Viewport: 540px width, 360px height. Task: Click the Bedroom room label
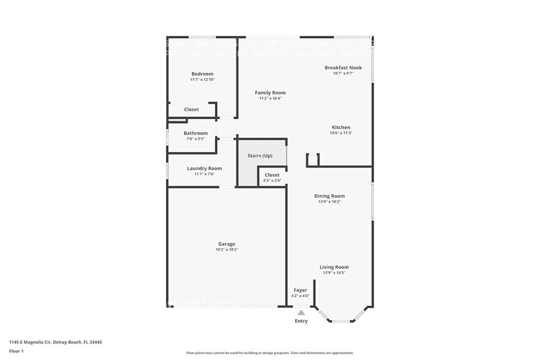click(x=202, y=74)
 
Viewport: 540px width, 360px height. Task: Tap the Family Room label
click(x=270, y=92)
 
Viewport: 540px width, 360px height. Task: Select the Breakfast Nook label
click(x=343, y=67)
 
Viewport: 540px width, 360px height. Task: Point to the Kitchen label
click(x=341, y=127)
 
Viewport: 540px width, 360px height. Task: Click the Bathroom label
click(x=195, y=133)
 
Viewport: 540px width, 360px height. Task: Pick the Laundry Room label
click(x=204, y=168)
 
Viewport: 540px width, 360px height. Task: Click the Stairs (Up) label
click(x=260, y=156)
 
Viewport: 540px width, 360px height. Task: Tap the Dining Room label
click(x=329, y=196)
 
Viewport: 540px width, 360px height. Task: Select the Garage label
click(x=227, y=244)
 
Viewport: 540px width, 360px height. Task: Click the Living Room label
click(x=334, y=267)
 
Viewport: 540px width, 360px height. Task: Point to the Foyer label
click(x=300, y=290)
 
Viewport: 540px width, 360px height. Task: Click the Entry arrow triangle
click(x=301, y=312)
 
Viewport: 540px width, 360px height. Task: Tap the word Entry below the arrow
click(x=301, y=321)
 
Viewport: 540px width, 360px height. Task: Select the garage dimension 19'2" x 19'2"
click(x=227, y=250)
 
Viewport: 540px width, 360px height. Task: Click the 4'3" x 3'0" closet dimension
click(x=272, y=181)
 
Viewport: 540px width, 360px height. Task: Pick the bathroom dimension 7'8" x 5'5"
click(x=195, y=139)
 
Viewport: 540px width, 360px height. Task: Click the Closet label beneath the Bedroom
click(x=192, y=110)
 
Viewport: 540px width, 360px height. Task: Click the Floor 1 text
click(x=16, y=351)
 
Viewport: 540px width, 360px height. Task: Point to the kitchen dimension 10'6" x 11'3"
click(x=341, y=133)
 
